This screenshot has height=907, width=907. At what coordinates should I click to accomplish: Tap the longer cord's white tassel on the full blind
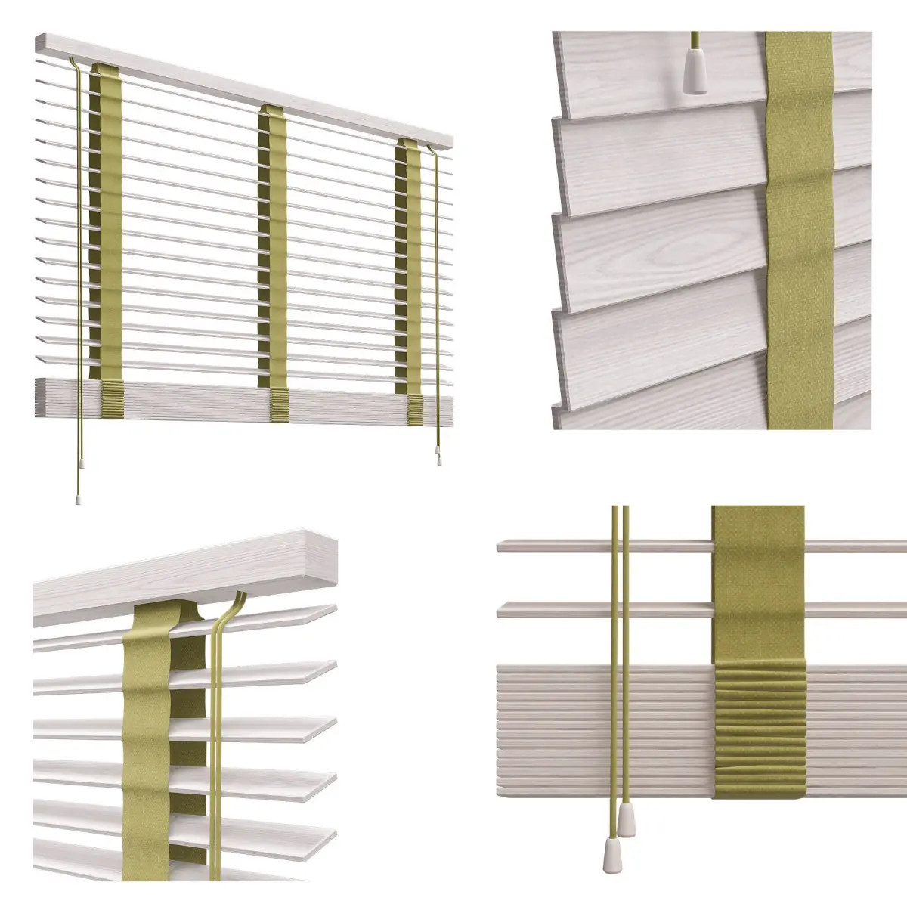pos(79,500)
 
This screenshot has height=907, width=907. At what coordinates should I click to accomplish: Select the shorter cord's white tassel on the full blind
pos(439,457)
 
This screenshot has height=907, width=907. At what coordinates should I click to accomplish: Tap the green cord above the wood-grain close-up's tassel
pos(693,42)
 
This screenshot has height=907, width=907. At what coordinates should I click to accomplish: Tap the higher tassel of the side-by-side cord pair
pos(627,816)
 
